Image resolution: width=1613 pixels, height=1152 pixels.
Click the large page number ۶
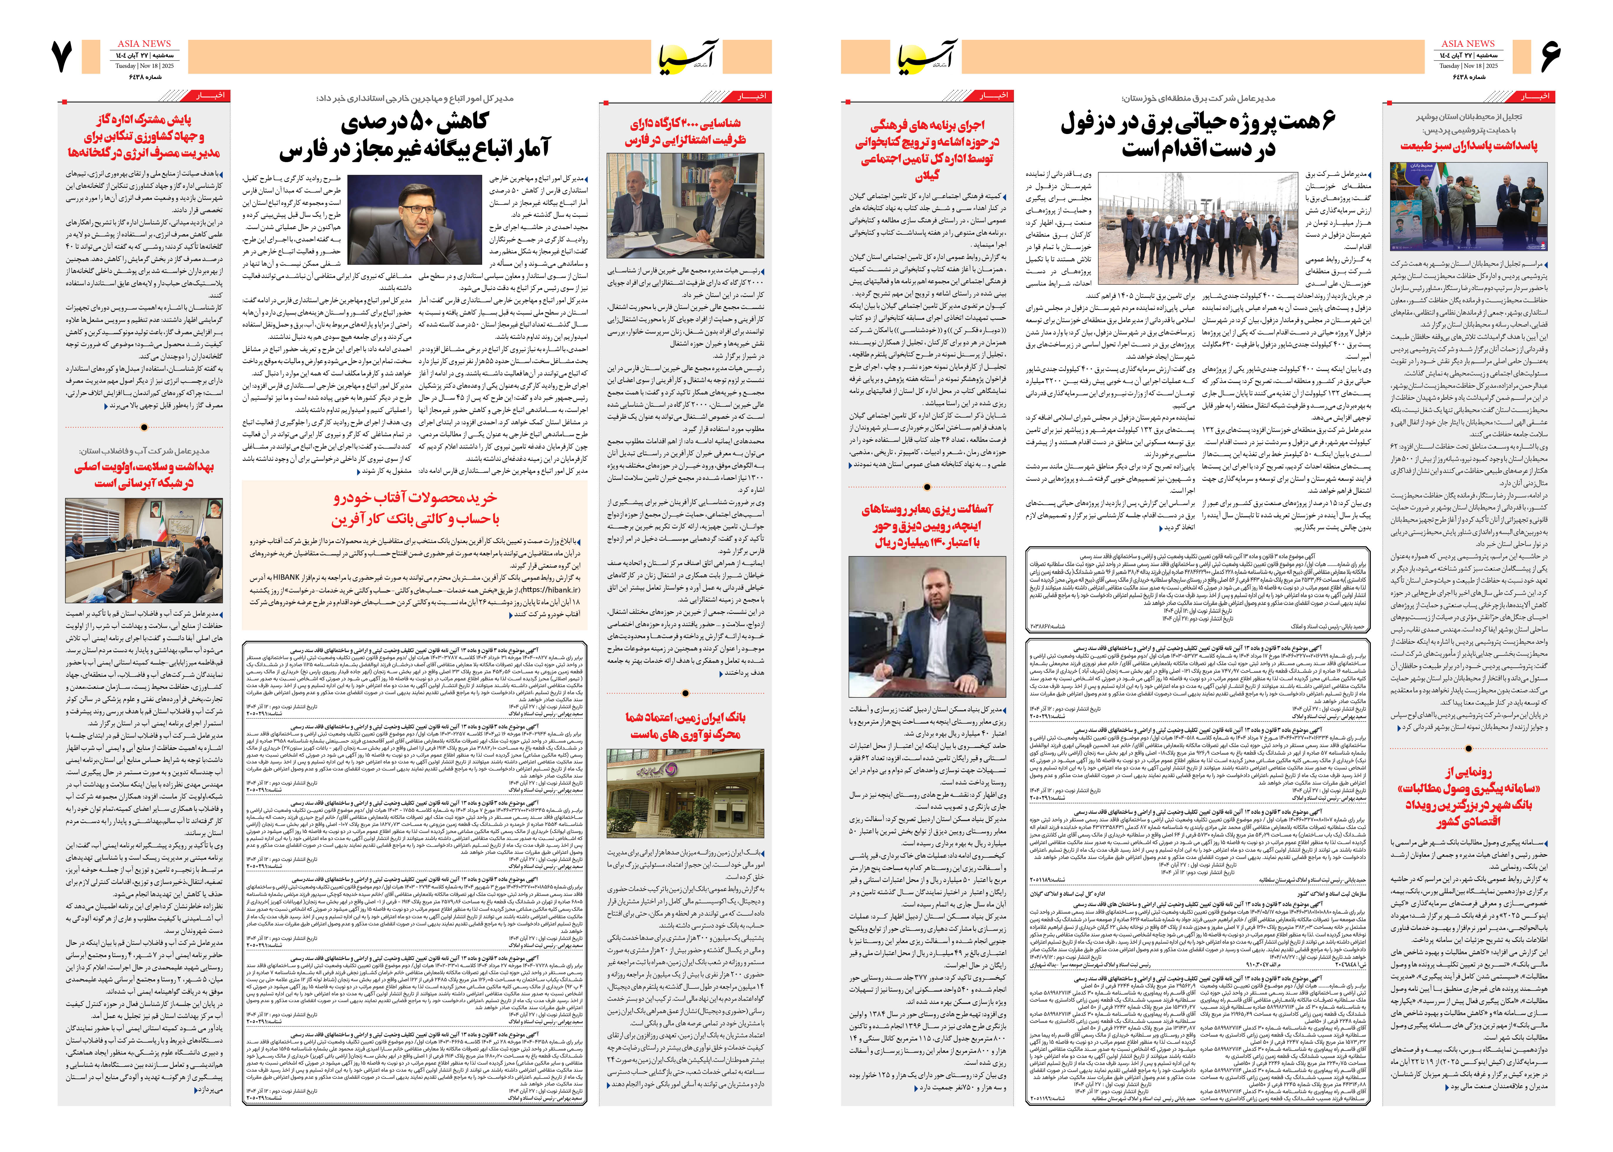pyautogui.click(x=1551, y=57)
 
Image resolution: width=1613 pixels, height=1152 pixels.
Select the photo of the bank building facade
pyautogui.click(x=685, y=794)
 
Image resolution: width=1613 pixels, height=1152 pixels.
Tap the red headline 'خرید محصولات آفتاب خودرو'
pyautogui.click(x=415, y=498)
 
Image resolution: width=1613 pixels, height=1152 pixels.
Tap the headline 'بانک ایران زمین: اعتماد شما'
pyautogui.click(x=685, y=717)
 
